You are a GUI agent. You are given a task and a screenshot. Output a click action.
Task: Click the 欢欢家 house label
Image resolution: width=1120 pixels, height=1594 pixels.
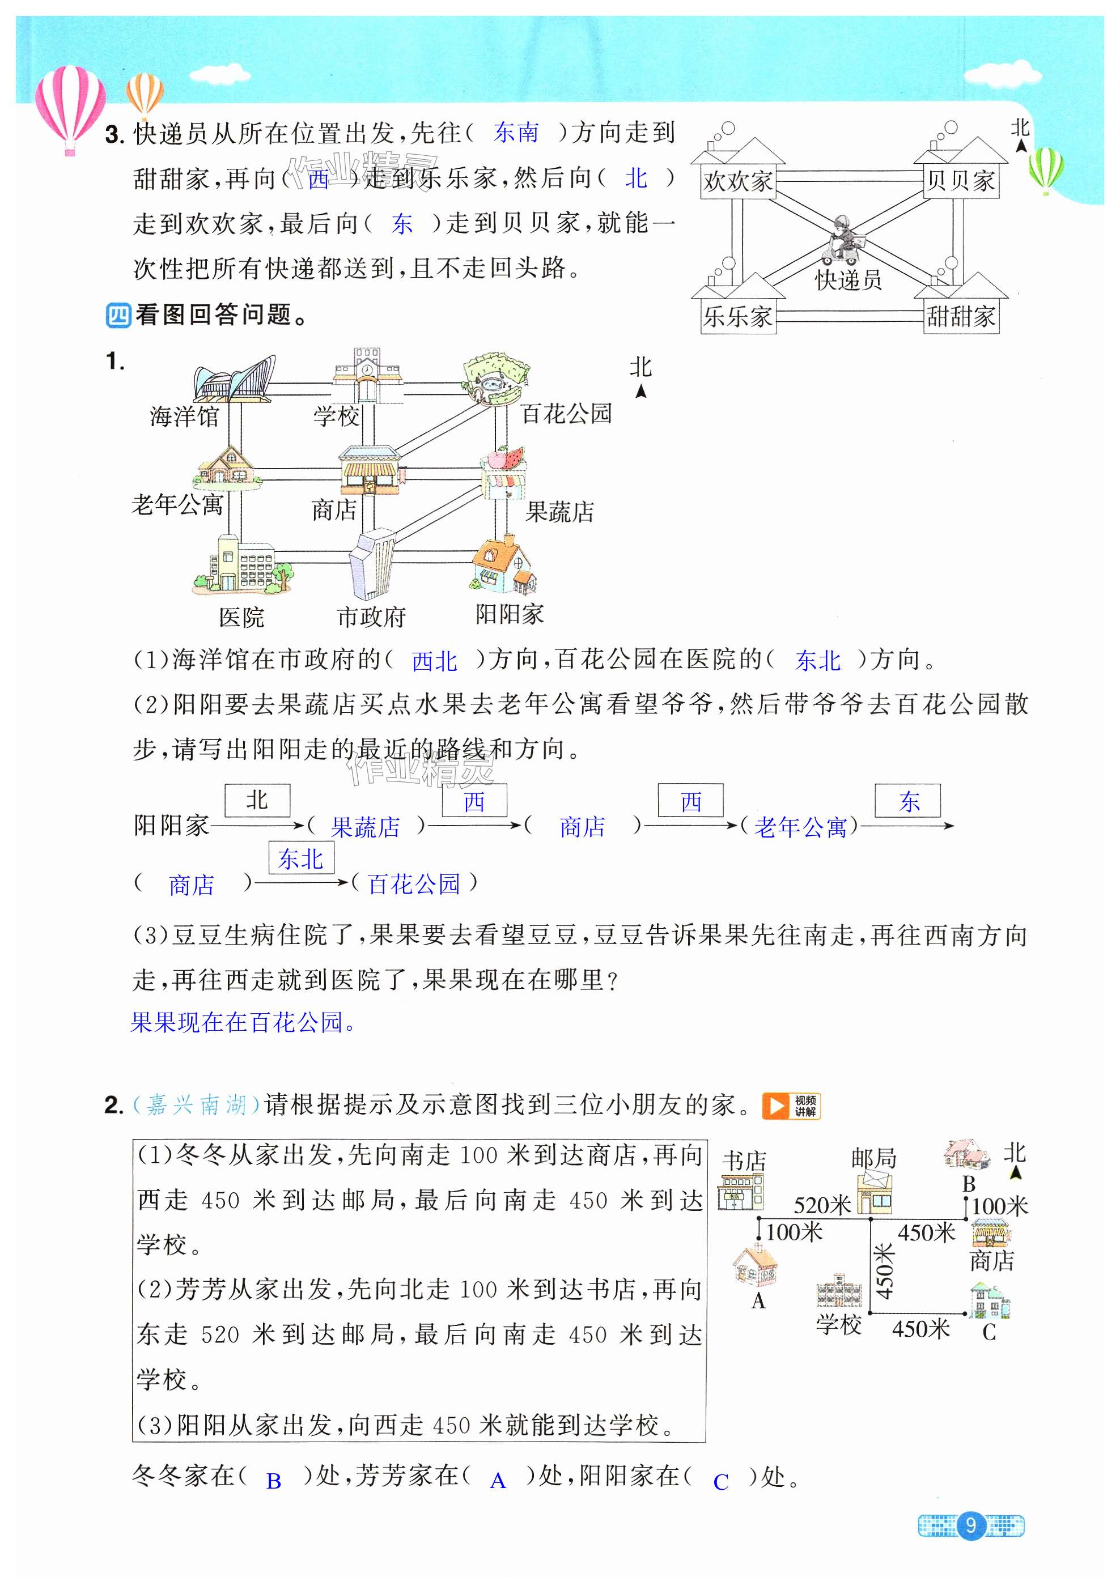pyautogui.click(x=737, y=182)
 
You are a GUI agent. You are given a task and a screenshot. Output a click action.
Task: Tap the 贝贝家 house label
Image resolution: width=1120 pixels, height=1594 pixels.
pyautogui.click(x=960, y=182)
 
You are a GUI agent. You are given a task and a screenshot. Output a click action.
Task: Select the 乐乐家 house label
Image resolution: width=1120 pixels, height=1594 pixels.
pyautogui.click(x=737, y=317)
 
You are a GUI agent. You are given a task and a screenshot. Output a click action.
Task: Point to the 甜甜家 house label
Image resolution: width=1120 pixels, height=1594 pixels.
pyautogui.click(x=960, y=317)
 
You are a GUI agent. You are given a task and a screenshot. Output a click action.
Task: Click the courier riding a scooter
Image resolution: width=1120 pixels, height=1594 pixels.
pyautogui.click(x=842, y=240)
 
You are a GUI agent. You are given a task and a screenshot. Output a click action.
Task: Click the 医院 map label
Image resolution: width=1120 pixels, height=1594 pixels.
pyautogui.click(x=241, y=617)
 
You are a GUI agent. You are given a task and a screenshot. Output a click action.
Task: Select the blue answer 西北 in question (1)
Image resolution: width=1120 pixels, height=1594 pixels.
pyautogui.click(x=434, y=661)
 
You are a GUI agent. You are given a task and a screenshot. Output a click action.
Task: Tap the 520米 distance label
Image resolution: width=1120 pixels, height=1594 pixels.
pyautogui.click(x=822, y=1205)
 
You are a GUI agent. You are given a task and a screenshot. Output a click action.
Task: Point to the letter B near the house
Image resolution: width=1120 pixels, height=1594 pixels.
pyautogui.click(x=969, y=1184)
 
